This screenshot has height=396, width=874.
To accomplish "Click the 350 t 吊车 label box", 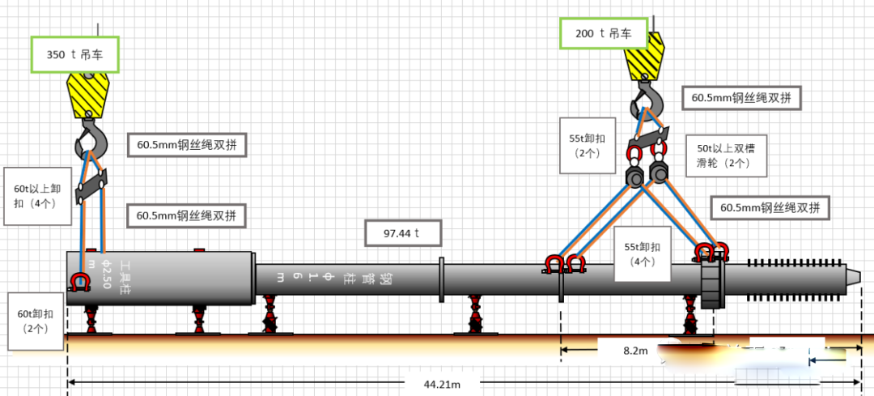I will click(75, 54).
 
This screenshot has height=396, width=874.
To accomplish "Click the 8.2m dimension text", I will click(635, 351).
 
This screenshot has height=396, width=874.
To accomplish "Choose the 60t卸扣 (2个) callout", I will click(32, 321).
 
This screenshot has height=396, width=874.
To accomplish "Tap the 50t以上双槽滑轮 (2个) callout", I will click(722, 155).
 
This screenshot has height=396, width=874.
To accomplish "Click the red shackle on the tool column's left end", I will click(79, 282).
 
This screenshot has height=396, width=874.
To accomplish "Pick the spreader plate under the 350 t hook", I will click(91, 188).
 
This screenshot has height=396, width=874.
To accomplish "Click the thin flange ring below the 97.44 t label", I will click(441, 280).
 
